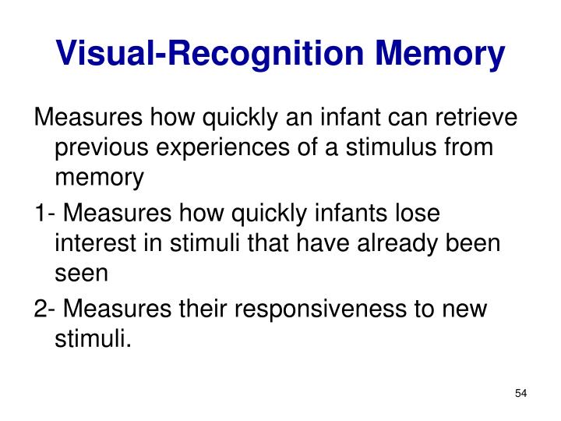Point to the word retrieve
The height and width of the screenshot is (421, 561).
pyautogui.click(x=475, y=118)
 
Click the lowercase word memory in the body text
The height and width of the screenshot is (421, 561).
pyautogui.click(x=100, y=179)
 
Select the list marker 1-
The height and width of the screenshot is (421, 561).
pyautogui.click(x=44, y=214)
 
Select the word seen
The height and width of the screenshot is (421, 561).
pyautogui.click(x=80, y=274)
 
